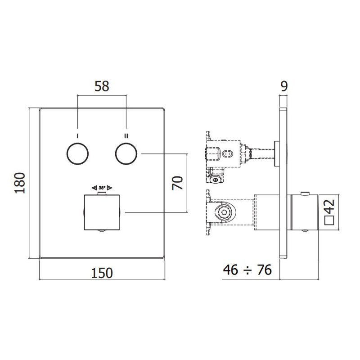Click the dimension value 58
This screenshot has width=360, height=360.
click(x=102, y=86)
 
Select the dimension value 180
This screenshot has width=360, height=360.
click(x=19, y=182)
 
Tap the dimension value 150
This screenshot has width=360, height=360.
click(x=102, y=272)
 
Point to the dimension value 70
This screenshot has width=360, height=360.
click(x=179, y=183)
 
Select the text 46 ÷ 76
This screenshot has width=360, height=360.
click(x=247, y=270)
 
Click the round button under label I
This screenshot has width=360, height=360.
click(x=77, y=154)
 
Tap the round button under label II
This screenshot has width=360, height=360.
click(x=126, y=154)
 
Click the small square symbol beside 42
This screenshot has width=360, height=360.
click(x=329, y=220)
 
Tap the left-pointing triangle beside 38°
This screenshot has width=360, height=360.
click(x=94, y=188)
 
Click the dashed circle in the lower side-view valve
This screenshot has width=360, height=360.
click(x=223, y=212)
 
